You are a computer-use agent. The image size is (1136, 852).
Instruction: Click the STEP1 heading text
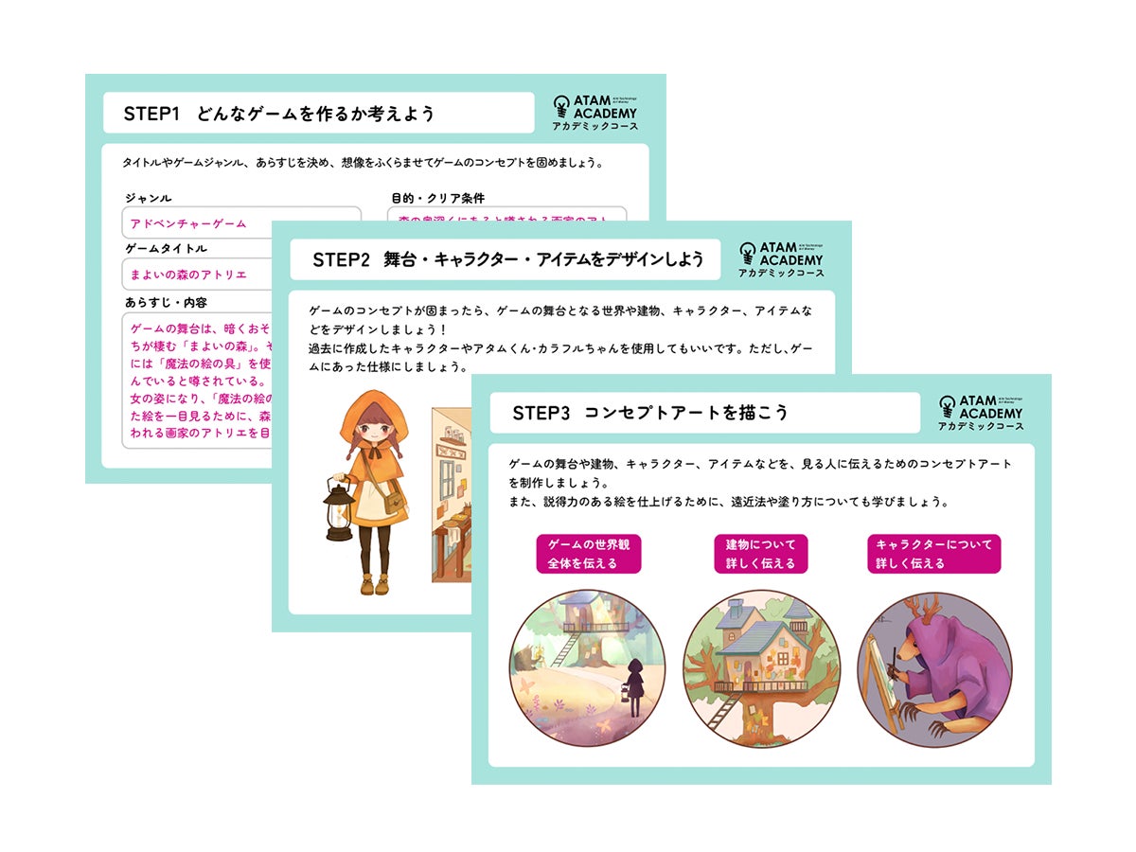[x=279, y=114]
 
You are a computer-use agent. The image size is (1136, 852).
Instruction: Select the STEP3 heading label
[x=650, y=413]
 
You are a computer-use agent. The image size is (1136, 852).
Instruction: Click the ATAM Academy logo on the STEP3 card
[x=981, y=413]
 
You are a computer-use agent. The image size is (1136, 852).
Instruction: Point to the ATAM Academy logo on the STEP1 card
[x=595, y=113]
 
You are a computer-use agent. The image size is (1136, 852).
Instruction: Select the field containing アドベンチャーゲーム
[x=241, y=223]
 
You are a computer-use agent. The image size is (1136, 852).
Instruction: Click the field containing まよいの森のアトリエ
[x=241, y=275]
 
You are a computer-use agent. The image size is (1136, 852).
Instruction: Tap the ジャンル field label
[x=148, y=199]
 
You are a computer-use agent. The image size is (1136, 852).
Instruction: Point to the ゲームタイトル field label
[x=166, y=249]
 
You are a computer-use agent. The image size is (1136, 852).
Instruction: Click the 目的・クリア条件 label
[x=437, y=199]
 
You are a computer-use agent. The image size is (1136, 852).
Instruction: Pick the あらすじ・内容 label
[x=166, y=302]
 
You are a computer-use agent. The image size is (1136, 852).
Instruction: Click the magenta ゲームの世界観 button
[x=589, y=554]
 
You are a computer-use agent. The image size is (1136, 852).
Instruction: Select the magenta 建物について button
[x=760, y=554]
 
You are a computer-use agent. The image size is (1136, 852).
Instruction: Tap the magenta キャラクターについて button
[x=933, y=554]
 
